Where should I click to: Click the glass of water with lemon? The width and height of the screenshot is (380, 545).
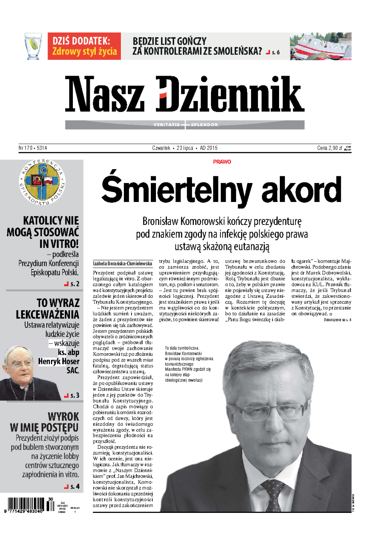click(x=33, y=46)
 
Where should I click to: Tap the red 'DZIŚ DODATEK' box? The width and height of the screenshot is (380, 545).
click(x=84, y=46)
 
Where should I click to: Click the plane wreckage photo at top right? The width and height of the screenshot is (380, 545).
click(x=320, y=46)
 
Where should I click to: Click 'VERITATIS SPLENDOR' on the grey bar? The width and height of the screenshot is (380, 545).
click(x=185, y=125)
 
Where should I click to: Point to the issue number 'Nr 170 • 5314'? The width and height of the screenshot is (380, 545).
click(x=33, y=148)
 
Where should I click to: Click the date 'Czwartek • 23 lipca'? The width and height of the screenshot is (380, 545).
click(x=173, y=148)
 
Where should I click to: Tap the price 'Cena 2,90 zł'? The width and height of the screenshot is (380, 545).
click(x=329, y=148)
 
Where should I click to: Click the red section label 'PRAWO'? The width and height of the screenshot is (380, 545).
click(x=222, y=162)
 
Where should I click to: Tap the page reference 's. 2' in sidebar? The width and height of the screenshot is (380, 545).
click(x=74, y=284)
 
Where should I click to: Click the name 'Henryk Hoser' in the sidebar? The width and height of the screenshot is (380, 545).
click(x=59, y=361)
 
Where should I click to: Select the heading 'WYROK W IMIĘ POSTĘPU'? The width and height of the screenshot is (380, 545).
click(x=45, y=422)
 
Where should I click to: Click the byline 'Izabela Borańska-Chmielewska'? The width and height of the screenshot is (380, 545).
click(x=122, y=263)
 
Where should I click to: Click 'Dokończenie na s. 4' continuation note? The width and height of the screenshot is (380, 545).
click(x=337, y=320)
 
